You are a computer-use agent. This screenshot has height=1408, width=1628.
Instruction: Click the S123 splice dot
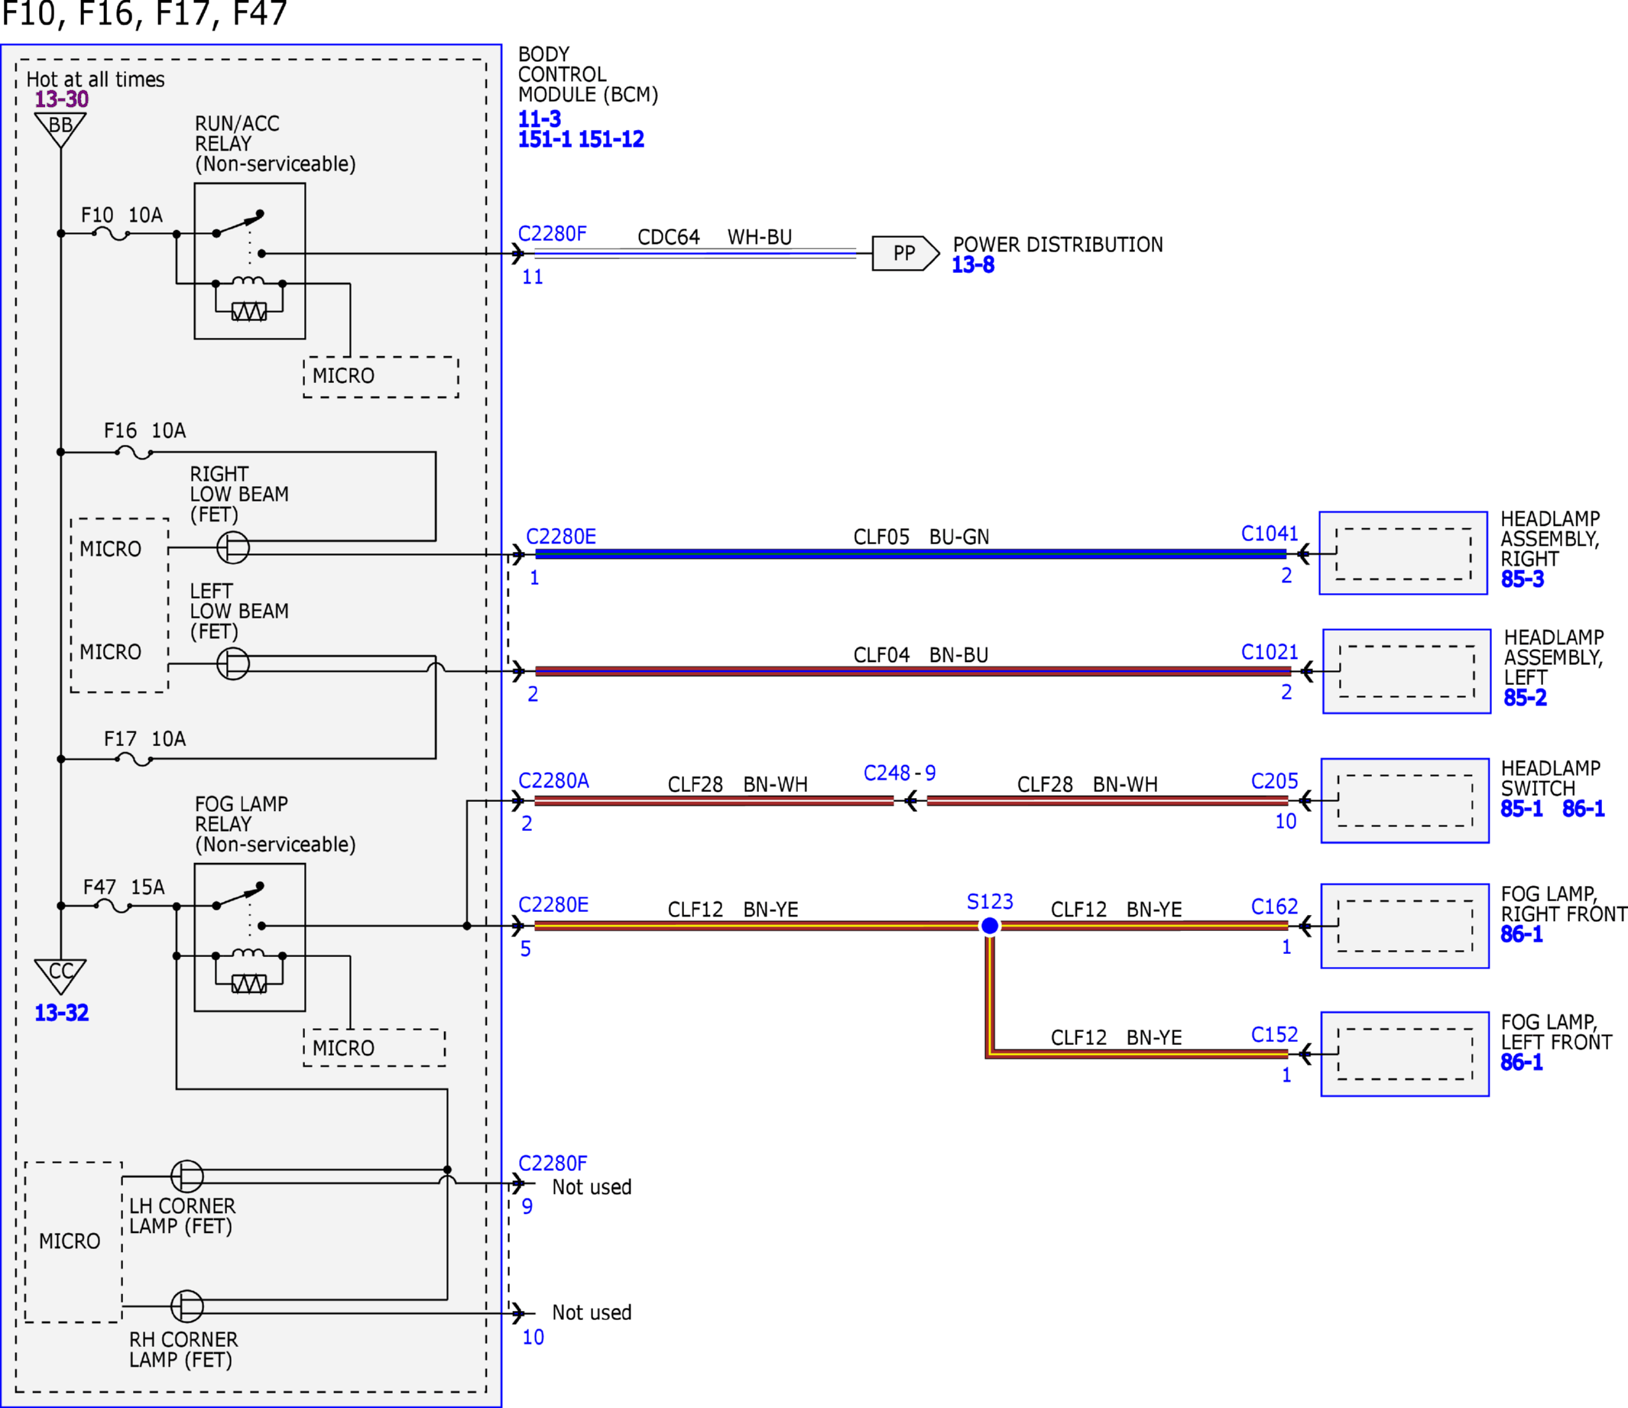click(990, 926)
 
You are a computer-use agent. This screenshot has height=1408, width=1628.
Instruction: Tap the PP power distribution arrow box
click(905, 253)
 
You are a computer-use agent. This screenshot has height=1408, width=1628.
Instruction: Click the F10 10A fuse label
click(122, 216)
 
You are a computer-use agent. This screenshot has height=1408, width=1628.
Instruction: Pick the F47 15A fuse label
click(124, 887)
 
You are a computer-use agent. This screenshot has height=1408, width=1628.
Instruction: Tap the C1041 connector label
click(1269, 534)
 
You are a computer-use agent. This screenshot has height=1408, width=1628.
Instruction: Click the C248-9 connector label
click(900, 773)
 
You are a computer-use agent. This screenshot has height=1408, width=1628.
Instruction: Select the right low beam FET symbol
click(233, 547)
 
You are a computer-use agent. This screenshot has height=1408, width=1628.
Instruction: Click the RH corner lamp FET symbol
click(187, 1306)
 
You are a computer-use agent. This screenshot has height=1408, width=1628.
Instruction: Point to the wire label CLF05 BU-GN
click(921, 537)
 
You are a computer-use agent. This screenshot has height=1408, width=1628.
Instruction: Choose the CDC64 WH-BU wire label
click(714, 236)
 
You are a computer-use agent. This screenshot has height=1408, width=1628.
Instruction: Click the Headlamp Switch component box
click(1405, 800)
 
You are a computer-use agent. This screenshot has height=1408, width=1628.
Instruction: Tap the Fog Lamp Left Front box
click(1405, 1053)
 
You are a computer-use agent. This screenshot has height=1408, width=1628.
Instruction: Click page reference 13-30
click(61, 99)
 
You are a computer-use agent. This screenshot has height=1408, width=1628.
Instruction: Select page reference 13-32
click(61, 1013)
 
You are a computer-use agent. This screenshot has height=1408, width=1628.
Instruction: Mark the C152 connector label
click(1274, 1035)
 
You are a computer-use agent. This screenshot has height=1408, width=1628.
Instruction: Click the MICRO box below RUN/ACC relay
click(381, 377)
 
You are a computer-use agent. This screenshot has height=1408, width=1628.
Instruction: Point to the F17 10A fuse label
click(145, 738)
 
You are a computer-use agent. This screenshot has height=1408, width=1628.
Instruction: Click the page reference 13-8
click(973, 264)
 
